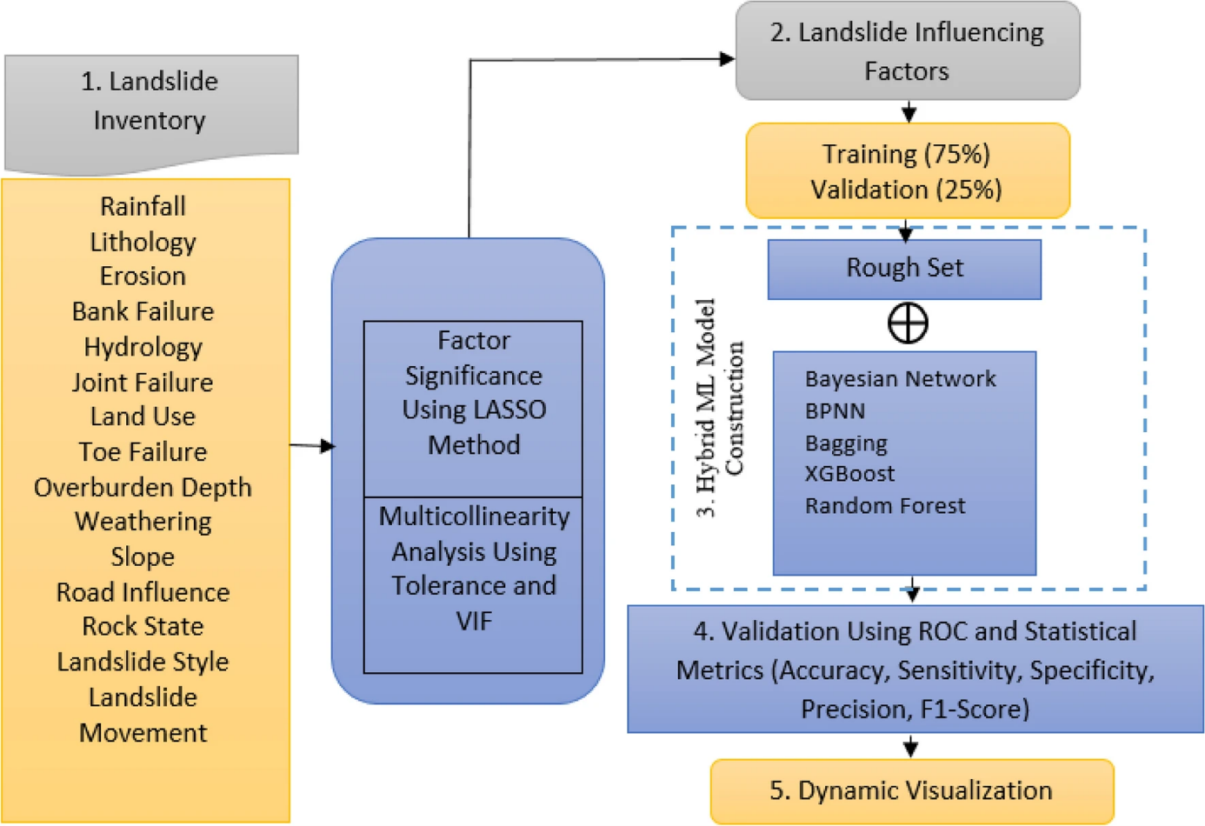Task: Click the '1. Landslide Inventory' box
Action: pyautogui.click(x=150, y=102)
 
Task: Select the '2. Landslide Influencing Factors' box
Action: pyautogui.click(x=907, y=51)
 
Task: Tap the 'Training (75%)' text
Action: pyautogui.click(x=906, y=154)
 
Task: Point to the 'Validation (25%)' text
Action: pyautogui.click(x=906, y=190)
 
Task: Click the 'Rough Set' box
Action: pyautogui.click(x=904, y=269)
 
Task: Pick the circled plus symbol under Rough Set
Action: pyautogui.click(x=908, y=323)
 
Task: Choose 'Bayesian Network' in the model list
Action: pyautogui.click(x=900, y=379)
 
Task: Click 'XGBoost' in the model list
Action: pyautogui.click(x=849, y=474)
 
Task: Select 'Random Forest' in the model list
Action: pyautogui.click(x=884, y=506)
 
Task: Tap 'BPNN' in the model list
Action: pyautogui.click(x=835, y=411)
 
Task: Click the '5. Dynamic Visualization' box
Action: pyautogui.click(x=911, y=790)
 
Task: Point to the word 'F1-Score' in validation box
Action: pyautogui.click(x=974, y=709)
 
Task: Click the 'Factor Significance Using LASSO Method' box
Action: pyautogui.click(x=473, y=393)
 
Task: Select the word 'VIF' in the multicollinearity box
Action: pyautogui.click(x=474, y=622)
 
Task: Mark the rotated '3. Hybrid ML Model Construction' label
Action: pyautogui.click(x=720, y=409)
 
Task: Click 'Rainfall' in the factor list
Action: pyautogui.click(x=143, y=207)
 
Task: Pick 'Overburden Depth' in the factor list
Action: pyautogui.click(x=143, y=488)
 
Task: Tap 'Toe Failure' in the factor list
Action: pyautogui.click(x=143, y=452)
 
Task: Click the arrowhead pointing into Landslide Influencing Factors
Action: pyautogui.click(x=727, y=59)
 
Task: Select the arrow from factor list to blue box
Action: pyautogui.click(x=313, y=446)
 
